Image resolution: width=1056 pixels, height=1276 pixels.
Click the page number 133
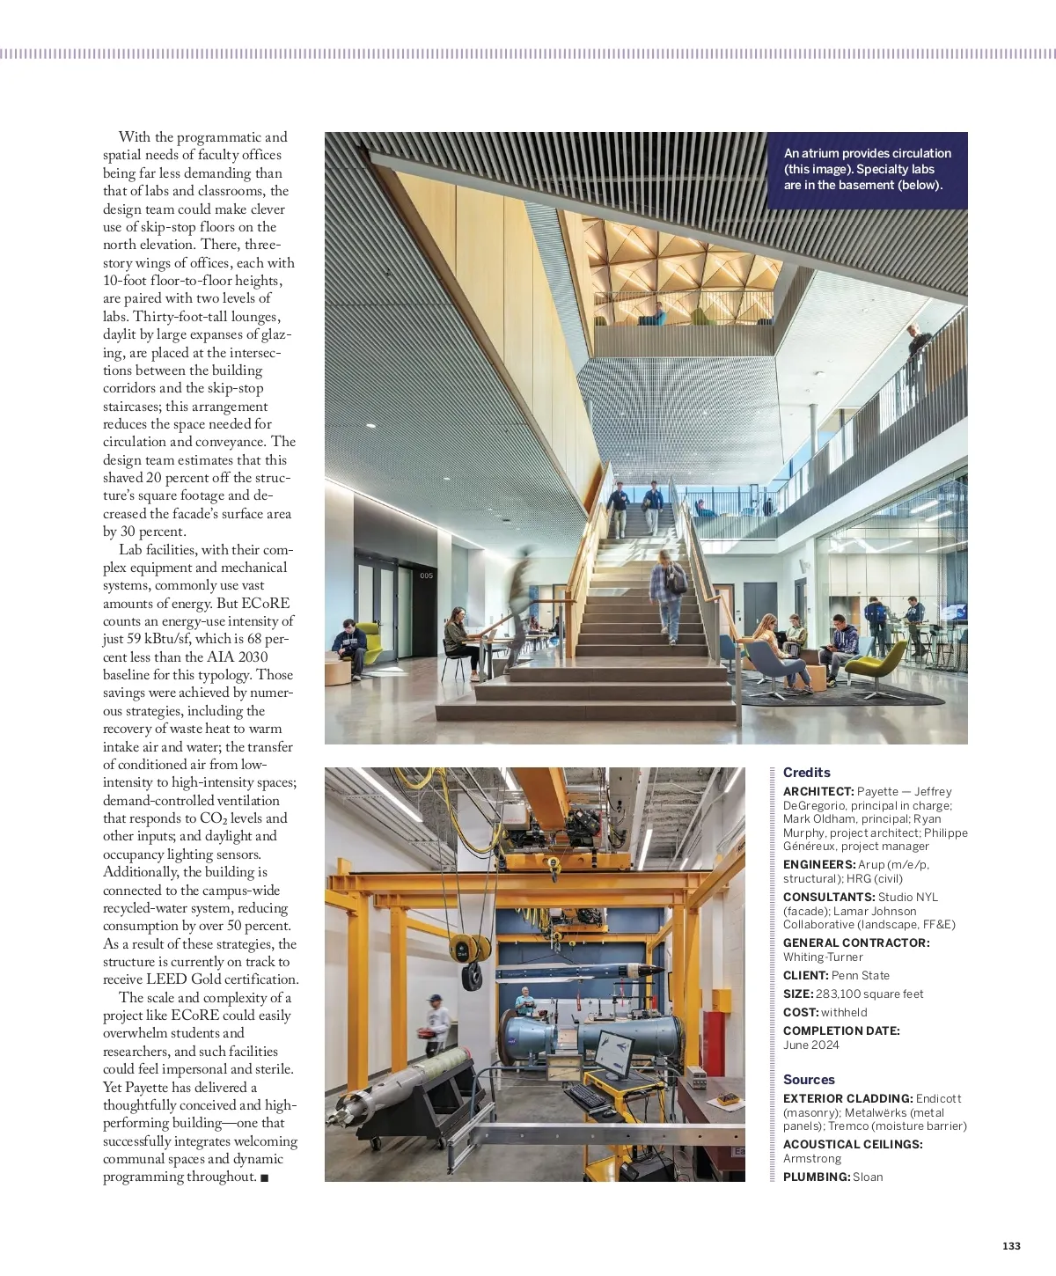click(x=1011, y=1246)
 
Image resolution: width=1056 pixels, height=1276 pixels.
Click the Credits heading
click(x=806, y=773)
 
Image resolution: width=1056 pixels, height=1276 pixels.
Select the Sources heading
click(x=809, y=1080)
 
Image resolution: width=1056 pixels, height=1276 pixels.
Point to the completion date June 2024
click(x=810, y=1045)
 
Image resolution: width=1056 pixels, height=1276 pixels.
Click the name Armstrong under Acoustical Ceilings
click(x=812, y=1159)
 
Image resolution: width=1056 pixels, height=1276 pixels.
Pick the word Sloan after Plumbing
click(x=868, y=1177)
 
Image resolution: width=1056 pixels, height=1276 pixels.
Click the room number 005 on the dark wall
click(x=426, y=576)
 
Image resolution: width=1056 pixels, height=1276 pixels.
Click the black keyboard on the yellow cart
click(x=585, y=1096)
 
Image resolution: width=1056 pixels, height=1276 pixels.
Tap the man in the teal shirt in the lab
click(x=524, y=1000)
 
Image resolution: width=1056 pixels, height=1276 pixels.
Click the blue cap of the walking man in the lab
click(x=433, y=999)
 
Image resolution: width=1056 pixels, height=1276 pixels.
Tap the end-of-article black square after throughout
click(x=265, y=1178)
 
